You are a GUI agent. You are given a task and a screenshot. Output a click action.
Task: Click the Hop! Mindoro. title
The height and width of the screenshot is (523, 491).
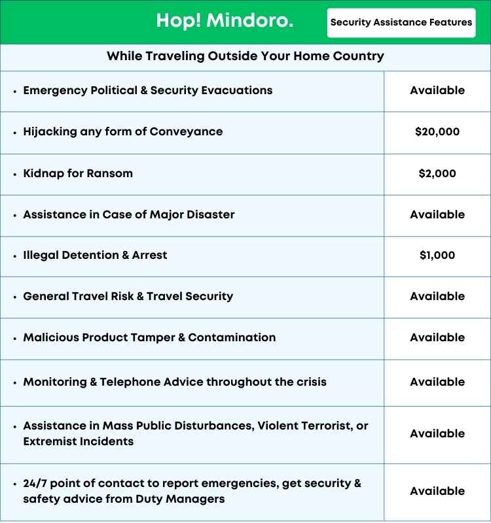[x=225, y=22]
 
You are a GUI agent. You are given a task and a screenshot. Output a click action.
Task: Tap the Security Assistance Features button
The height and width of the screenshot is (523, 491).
[x=401, y=22]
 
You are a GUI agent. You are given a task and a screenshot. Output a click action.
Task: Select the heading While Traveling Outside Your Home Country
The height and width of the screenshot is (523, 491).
[x=245, y=57]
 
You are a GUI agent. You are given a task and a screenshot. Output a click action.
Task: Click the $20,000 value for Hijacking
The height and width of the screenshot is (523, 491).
[x=437, y=131]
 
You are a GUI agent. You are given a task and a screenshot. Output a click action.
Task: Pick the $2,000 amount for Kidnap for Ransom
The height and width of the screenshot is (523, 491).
[x=437, y=174]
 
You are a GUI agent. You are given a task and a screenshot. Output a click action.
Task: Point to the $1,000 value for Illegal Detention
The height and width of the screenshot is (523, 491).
[x=437, y=256]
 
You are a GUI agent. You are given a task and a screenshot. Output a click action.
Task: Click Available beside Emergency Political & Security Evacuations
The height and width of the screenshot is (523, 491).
[x=437, y=90]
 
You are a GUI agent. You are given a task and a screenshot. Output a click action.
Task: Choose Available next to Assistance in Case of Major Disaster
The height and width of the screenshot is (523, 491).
[x=437, y=214]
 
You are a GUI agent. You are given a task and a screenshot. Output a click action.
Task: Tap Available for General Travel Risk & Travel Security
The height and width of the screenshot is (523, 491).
[x=437, y=296]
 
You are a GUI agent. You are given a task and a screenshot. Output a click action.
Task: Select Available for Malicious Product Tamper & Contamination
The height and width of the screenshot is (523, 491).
[x=437, y=337]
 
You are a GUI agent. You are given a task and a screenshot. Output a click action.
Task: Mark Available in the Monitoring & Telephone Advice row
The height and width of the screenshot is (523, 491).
[x=437, y=382]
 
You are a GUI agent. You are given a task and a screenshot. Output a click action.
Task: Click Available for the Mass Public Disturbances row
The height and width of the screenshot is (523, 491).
[x=437, y=433]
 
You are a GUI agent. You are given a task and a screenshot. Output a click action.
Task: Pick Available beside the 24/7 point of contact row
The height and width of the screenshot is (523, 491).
[x=437, y=491]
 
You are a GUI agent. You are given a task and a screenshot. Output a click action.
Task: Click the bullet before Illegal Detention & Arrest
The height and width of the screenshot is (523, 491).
[x=14, y=256]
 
